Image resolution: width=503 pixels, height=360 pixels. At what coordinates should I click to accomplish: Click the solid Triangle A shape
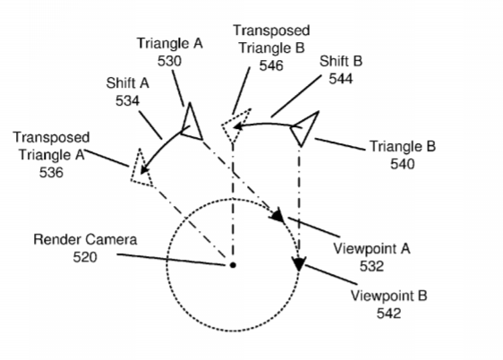tap(193, 124)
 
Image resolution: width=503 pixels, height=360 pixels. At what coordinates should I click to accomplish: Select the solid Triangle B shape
tap(304, 128)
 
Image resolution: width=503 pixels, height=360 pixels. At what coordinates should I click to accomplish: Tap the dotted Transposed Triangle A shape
tap(141, 169)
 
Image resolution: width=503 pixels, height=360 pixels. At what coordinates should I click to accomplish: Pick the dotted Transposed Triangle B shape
tap(234, 125)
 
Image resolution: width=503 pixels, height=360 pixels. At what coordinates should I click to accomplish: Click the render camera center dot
tap(234, 265)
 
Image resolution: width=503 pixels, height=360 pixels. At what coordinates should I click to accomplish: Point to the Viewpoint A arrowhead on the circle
tap(277, 215)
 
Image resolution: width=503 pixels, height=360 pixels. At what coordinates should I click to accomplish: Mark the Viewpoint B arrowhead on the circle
tap(299, 264)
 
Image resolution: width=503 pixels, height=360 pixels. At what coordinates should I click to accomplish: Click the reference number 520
tap(85, 257)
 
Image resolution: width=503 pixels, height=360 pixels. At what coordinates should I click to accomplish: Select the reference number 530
tap(169, 61)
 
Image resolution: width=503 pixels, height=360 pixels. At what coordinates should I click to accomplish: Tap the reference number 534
tap(127, 101)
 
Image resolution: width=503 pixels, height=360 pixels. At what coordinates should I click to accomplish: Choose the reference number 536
tap(51, 173)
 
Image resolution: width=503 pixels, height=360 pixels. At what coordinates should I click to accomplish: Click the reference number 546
tap(271, 65)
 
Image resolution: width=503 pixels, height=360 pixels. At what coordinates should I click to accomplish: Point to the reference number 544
tap(341, 79)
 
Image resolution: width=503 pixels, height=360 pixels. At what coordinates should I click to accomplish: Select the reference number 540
tap(403, 164)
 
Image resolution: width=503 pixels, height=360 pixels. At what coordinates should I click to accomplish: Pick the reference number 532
tap(371, 266)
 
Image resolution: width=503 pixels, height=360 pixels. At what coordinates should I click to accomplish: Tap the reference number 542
tap(388, 313)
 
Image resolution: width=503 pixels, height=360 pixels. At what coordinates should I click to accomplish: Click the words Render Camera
tap(85, 239)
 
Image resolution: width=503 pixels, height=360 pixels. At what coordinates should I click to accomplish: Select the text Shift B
tap(341, 61)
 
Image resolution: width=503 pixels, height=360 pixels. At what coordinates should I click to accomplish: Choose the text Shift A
tap(128, 83)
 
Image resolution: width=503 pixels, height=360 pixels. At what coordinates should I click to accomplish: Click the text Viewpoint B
tap(388, 296)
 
